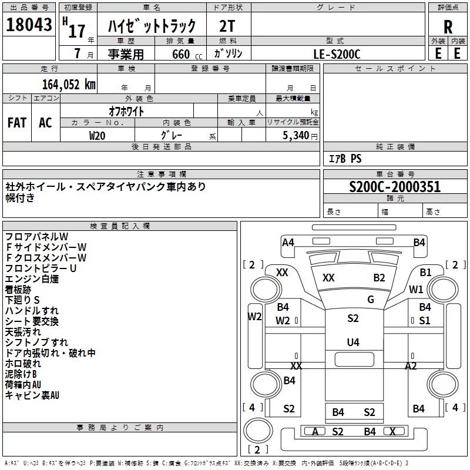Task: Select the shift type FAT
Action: click(x=17, y=122)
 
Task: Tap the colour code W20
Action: click(x=97, y=135)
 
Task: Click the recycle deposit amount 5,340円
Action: click(x=300, y=136)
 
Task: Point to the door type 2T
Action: click(x=228, y=27)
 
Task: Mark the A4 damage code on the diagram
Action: click(x=288, y=242)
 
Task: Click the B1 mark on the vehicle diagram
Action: click(x=425, y=272)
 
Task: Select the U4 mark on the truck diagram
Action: click(x=352, y=342)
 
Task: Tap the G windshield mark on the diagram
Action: click(x=371, y=300)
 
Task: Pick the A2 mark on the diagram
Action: click(x=411, y=365)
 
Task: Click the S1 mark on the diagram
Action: click(x=424, y=321)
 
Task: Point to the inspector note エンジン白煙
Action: click(x=32, y=279)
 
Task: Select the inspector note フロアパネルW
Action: click(x=36, y=237)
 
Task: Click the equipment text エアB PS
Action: click(x=345, y=159)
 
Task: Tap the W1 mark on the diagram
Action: click(x=416, y=289)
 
